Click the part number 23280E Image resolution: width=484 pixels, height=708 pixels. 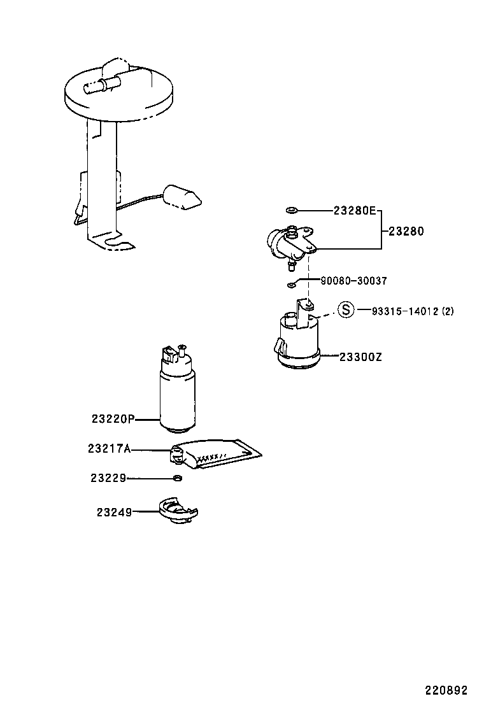coord(355,210)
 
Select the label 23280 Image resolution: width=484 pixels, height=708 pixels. coord(406,232)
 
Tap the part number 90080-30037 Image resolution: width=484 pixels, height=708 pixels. coord(353,280)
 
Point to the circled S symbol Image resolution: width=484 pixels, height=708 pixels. coord(345,310)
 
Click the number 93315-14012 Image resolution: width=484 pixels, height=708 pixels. coord(404,311)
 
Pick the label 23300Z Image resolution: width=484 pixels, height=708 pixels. coord(360,357)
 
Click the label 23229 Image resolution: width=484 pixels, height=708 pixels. coord(108,478)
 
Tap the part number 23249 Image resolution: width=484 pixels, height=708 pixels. coord(115,511)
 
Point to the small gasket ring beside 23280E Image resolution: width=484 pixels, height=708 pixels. coord(292,210)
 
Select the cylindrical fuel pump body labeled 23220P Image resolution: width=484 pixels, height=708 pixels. coord(177,395)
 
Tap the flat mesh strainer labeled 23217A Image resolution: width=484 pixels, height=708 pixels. coord(223,454)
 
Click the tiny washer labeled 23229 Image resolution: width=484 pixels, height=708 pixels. coord(178,478)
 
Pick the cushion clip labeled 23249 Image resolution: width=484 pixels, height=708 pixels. coord(178,511)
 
